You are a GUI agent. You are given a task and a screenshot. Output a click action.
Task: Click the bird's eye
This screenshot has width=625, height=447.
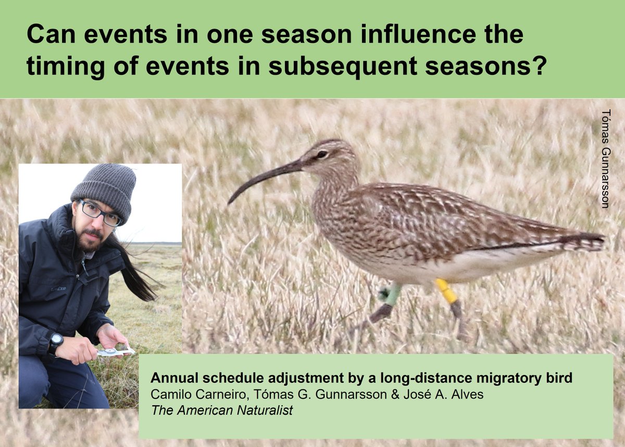pos(321,154)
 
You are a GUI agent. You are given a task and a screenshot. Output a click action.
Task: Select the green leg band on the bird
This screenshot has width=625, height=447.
pos(391,294)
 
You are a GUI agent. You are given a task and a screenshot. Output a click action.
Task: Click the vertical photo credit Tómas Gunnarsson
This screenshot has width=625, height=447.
pos(605,159)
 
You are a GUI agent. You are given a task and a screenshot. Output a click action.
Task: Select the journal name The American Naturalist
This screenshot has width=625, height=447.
pos(222,410)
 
